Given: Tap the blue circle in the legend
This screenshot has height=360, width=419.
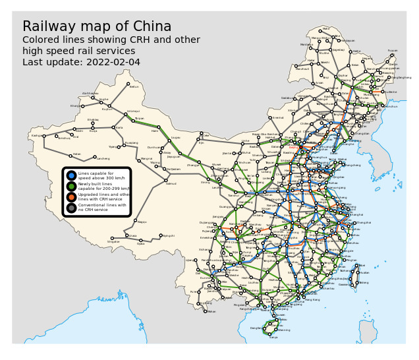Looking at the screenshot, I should pyautogui.click(x=71, y=175).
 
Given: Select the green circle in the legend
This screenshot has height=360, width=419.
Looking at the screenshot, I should pyautogui.click(x=71, y=187).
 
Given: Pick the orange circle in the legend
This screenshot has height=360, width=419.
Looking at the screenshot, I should pyautogui.click(x=71, y=197).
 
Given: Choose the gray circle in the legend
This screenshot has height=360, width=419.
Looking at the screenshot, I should pyautogui.click(x=71, y=208).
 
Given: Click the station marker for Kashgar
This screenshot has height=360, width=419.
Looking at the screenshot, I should pyautogui.click(x=43, y=136).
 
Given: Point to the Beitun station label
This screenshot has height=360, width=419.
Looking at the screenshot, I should pyautogui.click(x=134, y=86).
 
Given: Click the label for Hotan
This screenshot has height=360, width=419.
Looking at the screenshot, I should pyautogui.click(x=76, y=154).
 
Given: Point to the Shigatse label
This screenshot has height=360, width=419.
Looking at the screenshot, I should pyautogui.click(x=114, y=242).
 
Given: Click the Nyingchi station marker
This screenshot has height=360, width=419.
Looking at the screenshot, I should pyautogui.click(x=160, y=236).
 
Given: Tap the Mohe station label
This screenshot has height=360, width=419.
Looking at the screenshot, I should pyautogui.click(x=326, y=29).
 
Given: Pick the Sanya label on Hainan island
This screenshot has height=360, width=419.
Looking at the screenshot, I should pyautogui.click(x=273, y=337).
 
